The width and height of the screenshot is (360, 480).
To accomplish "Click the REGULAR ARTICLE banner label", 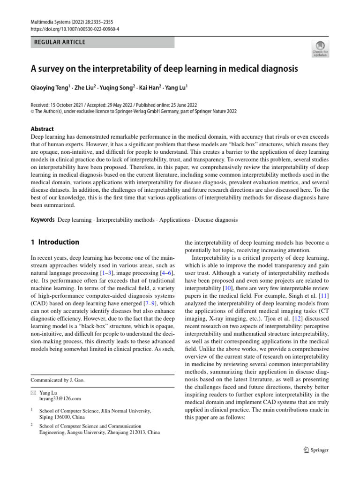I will (60, 42).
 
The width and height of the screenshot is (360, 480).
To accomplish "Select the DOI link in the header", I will (75, 29).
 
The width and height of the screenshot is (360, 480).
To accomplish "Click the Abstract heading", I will (42, 129).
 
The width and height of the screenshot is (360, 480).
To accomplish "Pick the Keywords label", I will (43, 219).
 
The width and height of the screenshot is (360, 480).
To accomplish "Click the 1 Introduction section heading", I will (55, 242).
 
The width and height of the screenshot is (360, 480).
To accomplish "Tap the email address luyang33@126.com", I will (60, 398).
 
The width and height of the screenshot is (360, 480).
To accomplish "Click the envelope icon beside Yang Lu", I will (33, 392).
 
